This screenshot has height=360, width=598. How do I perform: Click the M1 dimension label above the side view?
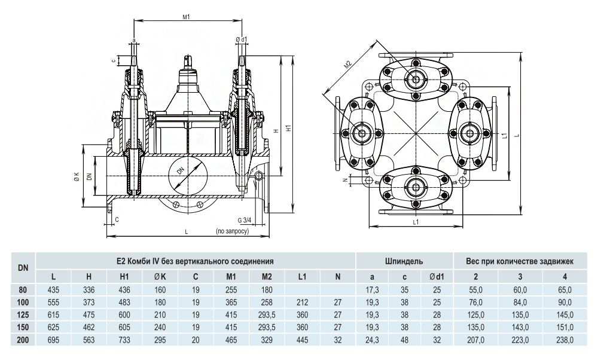point(186,16)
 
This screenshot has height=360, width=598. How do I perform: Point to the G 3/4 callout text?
point(243,219)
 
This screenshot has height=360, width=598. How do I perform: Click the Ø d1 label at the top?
point(243,39)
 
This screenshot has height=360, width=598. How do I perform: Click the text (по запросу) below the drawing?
point(231,230)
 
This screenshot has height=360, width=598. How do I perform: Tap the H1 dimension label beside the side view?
point(289,129)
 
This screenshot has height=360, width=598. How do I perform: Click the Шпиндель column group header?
point(405,261)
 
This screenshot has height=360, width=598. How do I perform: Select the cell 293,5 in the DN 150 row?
point(267,327)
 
